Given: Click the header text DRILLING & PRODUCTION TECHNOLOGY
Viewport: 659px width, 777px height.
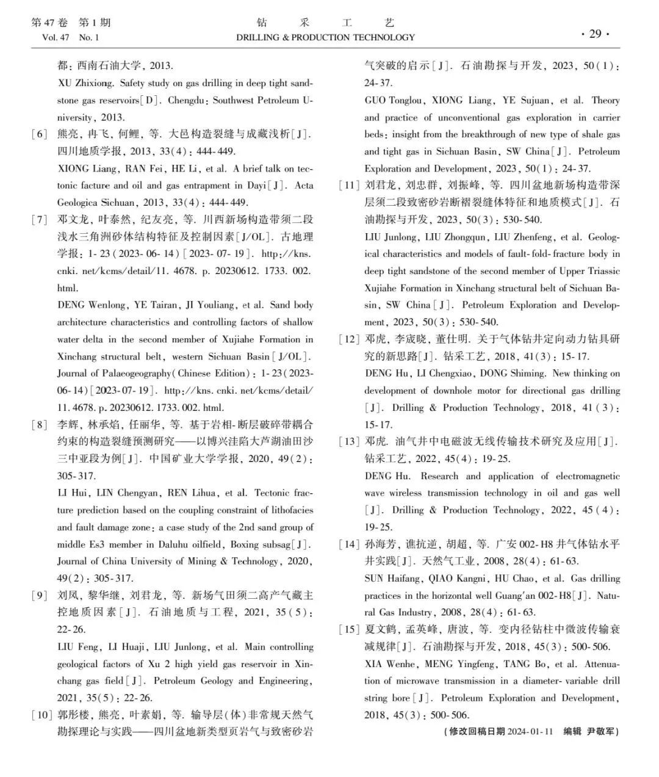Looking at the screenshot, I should pyautogui.click(x=325, y=37).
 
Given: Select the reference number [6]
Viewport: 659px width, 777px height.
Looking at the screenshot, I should pyautogui.click(x=40, y=134).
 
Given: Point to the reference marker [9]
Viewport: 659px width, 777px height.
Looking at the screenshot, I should pyautogui.click(x=40, y=595).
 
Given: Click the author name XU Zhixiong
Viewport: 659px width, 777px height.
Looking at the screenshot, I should pyautogui.click(x=85, y=83).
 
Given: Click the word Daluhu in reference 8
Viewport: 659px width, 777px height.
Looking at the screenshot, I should pyautogui.click(x=204, y=544).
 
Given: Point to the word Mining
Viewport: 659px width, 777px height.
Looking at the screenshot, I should pyautogui.click(x=196, y=562).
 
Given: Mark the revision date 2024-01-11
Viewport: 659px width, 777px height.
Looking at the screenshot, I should pyautogui.click(x=530, y=731).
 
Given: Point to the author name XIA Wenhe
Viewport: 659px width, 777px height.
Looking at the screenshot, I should pyautogui.click(x=391, y=664).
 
